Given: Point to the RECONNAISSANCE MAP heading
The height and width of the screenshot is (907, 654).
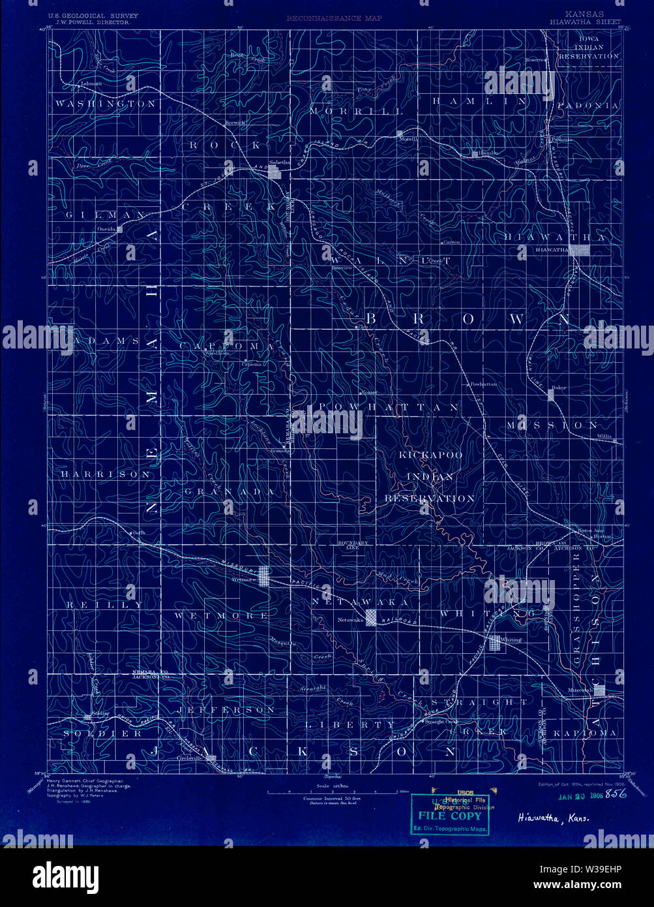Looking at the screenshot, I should click(x=334, y=18).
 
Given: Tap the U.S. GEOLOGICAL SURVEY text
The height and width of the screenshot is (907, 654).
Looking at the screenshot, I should click(x=89, y=15).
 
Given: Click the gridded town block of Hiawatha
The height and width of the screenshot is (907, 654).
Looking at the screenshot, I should click(x=581, y=249).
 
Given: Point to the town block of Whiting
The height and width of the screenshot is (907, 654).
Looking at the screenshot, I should click(x=495, y=642).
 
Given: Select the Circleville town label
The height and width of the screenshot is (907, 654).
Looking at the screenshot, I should click(x=187, y=758).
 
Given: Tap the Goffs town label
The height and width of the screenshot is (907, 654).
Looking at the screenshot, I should click(x=137, y=532).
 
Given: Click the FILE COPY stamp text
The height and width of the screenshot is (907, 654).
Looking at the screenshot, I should click(x=450, y=816).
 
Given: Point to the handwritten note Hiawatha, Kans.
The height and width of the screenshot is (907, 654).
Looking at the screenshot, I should click(x=552, y=818).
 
